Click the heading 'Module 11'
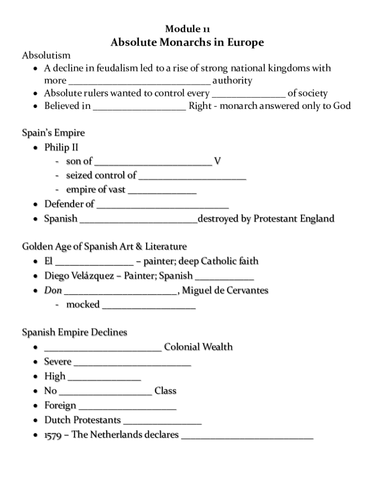coord(187,29)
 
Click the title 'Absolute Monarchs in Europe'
coord(187,43)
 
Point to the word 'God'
coord(342,106)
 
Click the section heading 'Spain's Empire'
coord(53,133)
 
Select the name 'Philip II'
coord(61,147)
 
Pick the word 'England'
coord(316,218)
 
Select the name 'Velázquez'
coord(92,276)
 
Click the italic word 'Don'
coord(53,290)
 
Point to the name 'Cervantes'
coord(247,290)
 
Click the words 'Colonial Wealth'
coord(198,347)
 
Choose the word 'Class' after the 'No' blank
coord(165,391)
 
